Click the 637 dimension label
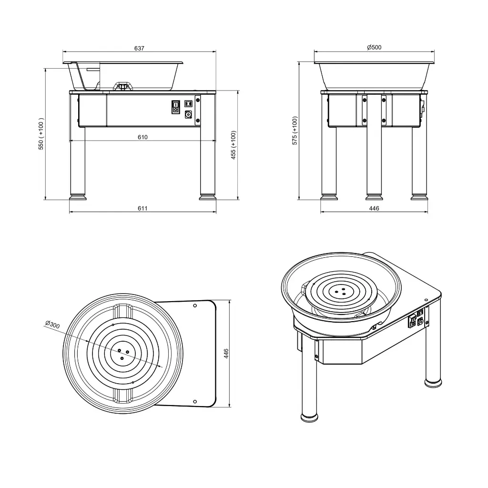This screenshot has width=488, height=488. [139, 48]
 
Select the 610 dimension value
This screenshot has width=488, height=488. [142, 137]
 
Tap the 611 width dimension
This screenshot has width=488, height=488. [142, 208]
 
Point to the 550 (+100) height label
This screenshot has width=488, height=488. [41, 134]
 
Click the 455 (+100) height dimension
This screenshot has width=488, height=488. [234, 145]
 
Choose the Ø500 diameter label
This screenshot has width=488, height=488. [374, 47]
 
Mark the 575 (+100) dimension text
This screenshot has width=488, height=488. [295, 131]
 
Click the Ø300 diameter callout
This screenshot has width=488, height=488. [52, 325]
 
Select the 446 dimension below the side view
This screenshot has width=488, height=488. [374, 208]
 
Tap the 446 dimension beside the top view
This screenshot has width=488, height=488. [226, 353]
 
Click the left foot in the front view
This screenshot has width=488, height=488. [78, 196]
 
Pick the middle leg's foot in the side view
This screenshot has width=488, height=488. [374, 196]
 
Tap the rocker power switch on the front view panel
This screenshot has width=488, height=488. [175, 106]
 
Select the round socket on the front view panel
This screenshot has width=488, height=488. [188, 114]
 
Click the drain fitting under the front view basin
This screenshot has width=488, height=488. [123, 86]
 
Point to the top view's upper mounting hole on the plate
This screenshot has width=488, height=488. [195, 305]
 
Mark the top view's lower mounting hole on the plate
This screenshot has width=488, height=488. [195, 401]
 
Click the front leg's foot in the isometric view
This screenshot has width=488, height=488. [309, 417]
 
